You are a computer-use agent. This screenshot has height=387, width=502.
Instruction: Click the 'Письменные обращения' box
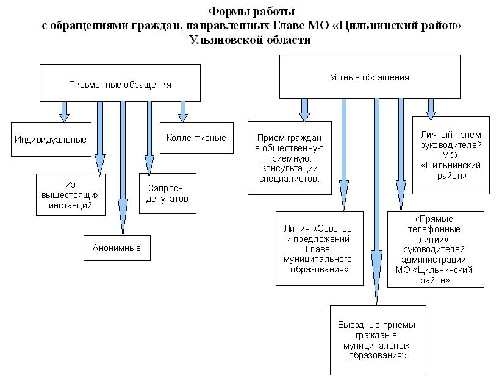tap(120, 83)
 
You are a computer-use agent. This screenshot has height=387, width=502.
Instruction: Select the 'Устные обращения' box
tap(370, 77)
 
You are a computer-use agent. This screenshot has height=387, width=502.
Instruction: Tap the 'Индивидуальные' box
tap(51, 140)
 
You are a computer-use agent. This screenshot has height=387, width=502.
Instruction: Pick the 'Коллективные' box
tap(196, 138)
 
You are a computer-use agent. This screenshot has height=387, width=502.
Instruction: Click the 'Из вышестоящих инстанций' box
tap(71, 194)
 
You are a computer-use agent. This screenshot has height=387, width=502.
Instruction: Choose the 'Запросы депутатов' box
tap(168, 194)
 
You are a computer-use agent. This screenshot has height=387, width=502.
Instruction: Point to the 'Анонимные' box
tap(117, 248)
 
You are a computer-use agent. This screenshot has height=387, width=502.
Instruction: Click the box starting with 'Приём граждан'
tap(290, 158)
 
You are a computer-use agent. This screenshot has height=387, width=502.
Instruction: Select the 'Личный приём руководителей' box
tap(451, 155)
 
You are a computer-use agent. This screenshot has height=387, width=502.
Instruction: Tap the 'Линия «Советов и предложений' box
tap(320, 249)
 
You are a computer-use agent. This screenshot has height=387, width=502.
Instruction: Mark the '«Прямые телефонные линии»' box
tap(436, 249)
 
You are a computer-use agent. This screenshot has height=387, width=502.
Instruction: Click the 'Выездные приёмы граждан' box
tap(378, 340)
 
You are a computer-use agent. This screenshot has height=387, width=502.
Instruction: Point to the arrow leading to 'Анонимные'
tap(123, 169)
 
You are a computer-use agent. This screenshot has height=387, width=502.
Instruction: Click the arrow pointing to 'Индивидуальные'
tap(64, 112)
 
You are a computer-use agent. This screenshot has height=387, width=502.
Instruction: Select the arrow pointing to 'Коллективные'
tap(183, 112)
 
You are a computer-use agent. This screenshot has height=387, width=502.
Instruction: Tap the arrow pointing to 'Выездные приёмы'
tap(376, 202)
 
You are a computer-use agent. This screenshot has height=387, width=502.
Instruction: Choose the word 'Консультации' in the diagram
tap(289, 168)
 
